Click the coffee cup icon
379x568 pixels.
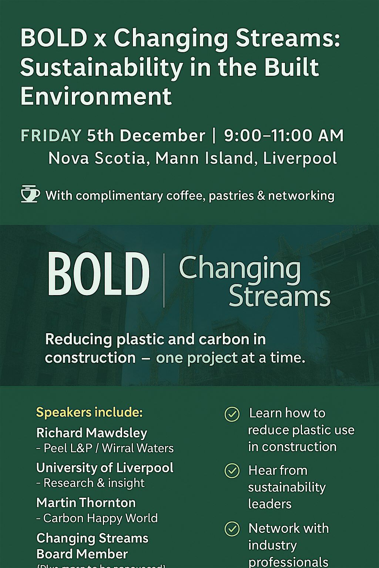(x=30, y=194)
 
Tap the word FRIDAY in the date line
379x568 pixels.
(x=51, y=136)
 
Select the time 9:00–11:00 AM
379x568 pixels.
(x=284, y=136)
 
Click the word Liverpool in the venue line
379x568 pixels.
(x=300, y=158)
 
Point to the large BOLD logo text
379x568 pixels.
(x=98, y=274)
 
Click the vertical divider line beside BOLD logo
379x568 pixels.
(x=164, y=280)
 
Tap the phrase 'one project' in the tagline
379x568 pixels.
(x=197, y=358)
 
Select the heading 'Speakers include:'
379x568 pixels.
(x=89, y=412)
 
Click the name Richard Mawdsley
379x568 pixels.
(x=92, y=433)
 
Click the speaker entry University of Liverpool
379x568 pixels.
(x=105, y=468)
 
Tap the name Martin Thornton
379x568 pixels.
(x=86, y=503)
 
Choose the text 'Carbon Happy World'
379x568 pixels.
(x=100, y=518)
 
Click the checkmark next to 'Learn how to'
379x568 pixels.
(x=232, y=415)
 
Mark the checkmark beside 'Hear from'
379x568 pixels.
(x=232, y=471)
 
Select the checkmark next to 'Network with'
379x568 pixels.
(x=232, y=529)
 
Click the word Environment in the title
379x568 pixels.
(x=96, y=96)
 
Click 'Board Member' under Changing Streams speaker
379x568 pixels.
(x=82, y=554)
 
